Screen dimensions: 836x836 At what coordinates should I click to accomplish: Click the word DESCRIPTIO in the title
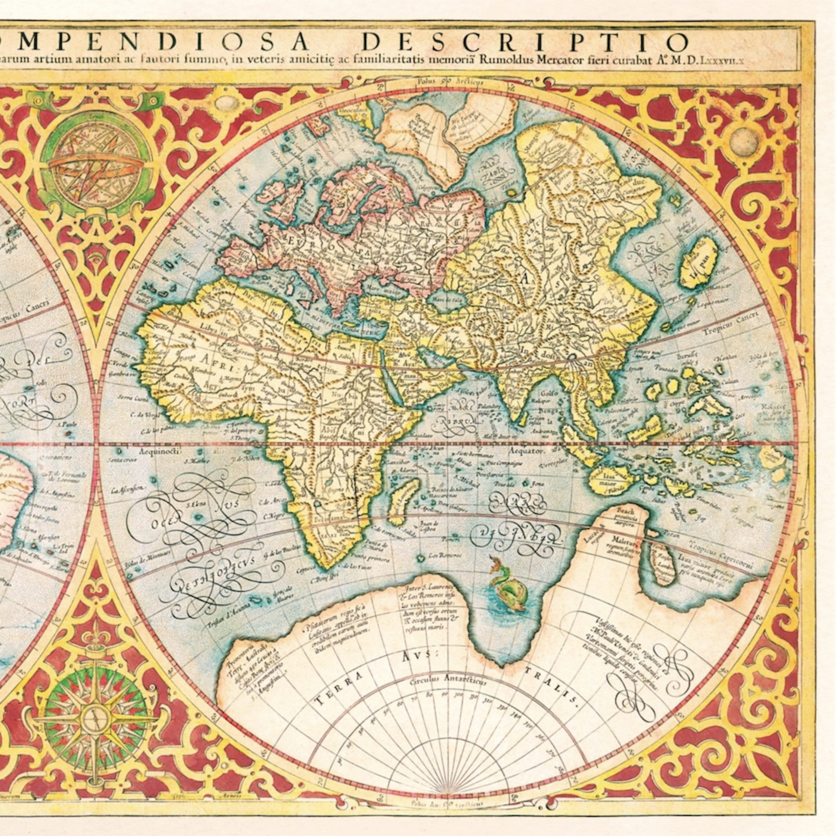[x=524, y=42]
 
